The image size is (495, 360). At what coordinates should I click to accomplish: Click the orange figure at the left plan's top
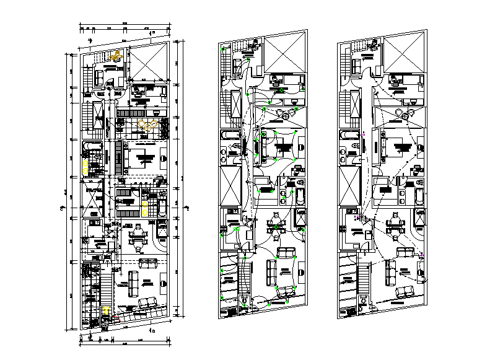pos(115,56)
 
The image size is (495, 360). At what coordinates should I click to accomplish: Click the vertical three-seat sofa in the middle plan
pos(271,273)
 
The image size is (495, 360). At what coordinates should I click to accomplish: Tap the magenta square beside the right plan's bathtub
pos(365,133)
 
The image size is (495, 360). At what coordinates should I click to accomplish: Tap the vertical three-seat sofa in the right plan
pos(390,273)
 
